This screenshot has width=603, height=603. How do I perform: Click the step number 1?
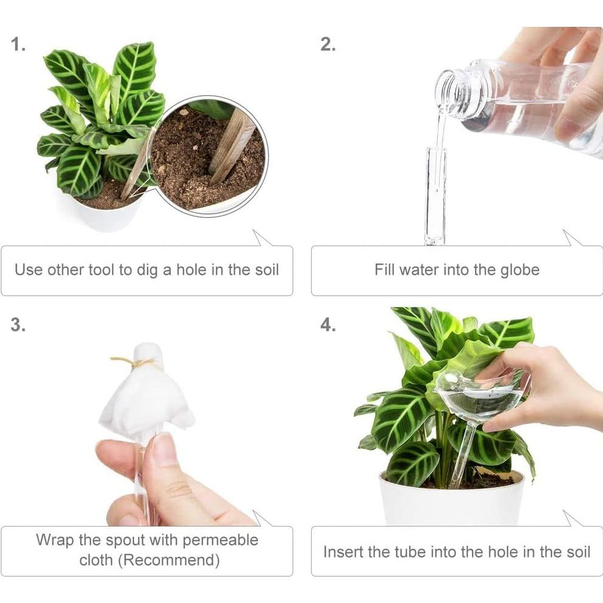(x=18, y=45)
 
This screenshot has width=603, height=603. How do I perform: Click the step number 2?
(x=328, y=45)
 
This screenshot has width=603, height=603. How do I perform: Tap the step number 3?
(x=18, y=324)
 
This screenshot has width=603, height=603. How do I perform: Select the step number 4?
(x=328, y=324)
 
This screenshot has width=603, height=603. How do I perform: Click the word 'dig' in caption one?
(x=148, y=270)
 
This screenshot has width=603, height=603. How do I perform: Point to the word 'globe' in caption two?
(x=519, y=269)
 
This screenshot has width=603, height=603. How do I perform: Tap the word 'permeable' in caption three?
(x=220, y=540)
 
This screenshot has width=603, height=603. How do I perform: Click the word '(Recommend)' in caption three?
(x=169, y=560)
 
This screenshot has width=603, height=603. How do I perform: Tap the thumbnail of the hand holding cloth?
(x=164, y=448)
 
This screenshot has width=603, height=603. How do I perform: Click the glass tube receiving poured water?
(x=436, y=196)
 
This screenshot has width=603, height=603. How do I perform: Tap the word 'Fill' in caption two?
(x=385, y=269)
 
